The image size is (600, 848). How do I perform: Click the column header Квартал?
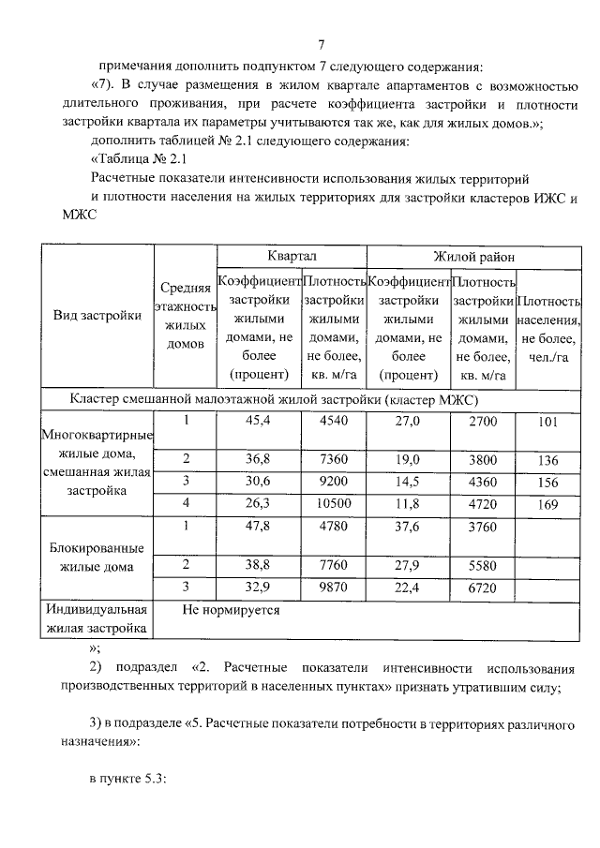[292, 255]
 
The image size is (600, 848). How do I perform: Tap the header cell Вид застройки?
[97, 316]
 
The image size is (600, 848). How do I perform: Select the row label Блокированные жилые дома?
[97, 558]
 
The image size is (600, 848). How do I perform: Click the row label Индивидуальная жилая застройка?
[97, 618]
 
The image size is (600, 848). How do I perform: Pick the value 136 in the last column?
[548, 460]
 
